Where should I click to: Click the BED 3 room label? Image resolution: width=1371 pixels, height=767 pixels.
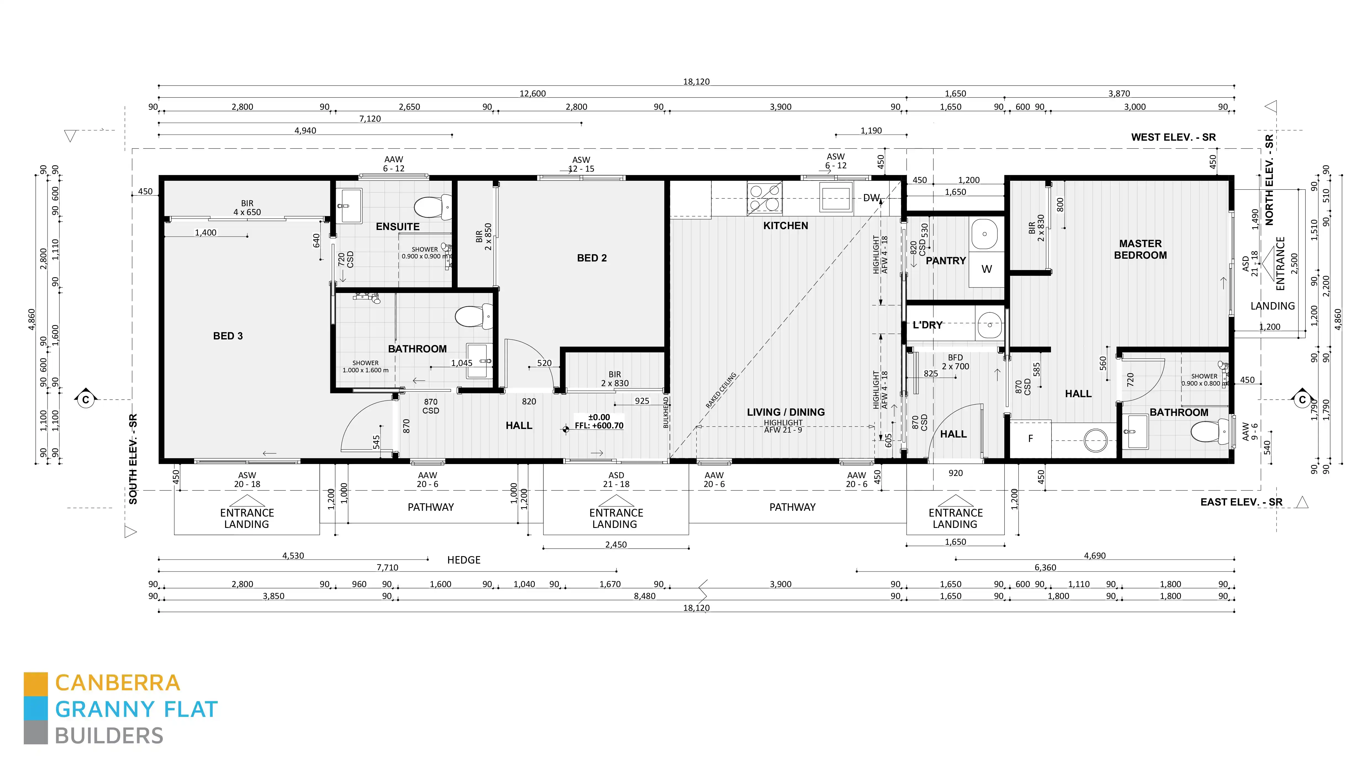[228, 336]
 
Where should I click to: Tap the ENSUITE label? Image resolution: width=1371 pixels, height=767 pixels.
[398, 227]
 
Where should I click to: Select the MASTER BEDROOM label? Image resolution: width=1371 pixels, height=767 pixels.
[1140, 249]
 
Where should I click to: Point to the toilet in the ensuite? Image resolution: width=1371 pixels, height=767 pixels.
[432, 207]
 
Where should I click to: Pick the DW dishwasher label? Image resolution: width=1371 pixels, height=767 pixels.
[871, 198]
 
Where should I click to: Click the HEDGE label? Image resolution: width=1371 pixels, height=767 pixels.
[463, 560]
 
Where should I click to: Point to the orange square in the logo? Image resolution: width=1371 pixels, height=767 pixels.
[36, 684]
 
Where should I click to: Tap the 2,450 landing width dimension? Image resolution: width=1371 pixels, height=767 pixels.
[616, 545]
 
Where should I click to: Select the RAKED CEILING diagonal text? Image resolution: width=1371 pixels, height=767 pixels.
[721, 390]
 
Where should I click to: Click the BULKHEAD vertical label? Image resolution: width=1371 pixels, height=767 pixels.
[666, 412]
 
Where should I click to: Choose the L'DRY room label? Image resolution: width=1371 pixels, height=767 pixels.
[927, 325]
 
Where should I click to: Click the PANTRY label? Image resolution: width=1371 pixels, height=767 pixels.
[946, 261]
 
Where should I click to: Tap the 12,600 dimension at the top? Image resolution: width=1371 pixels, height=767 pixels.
[532, 94]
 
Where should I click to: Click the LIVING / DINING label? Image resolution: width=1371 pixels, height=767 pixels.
[786, 412]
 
